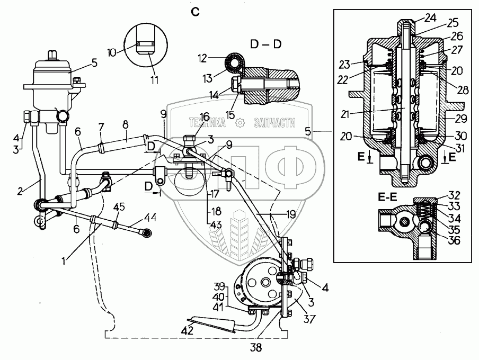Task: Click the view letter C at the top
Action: (196, 12)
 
